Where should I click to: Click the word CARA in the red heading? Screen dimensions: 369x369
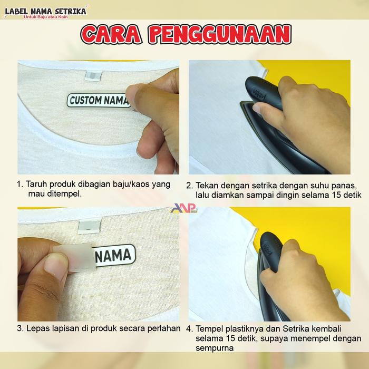click(x=111, y=35)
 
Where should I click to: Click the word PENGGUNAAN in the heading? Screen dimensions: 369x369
click(x=220, y=35)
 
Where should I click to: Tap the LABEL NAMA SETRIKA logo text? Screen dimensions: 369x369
click(x=46, y=11)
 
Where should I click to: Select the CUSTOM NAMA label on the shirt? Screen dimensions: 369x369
click(x=99, y=101)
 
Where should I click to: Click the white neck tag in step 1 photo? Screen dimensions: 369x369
click(x=93, y=75)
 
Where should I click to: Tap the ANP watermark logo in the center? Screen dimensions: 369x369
click(x=184, y=208)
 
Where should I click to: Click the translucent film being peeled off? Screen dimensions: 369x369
click(x=75, y=258)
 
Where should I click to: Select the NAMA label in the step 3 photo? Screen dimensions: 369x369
click(x=114, y=256)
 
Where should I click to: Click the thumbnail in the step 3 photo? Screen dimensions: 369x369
click(x=56, y=264)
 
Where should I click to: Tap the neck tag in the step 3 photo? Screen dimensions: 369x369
click(x=90, y=226)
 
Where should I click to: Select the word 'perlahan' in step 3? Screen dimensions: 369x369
click(x=164, y=328)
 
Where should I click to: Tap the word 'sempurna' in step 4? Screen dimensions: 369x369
click(x=215, y=348)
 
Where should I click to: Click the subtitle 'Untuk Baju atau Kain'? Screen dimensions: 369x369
click(x=46, y=17)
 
